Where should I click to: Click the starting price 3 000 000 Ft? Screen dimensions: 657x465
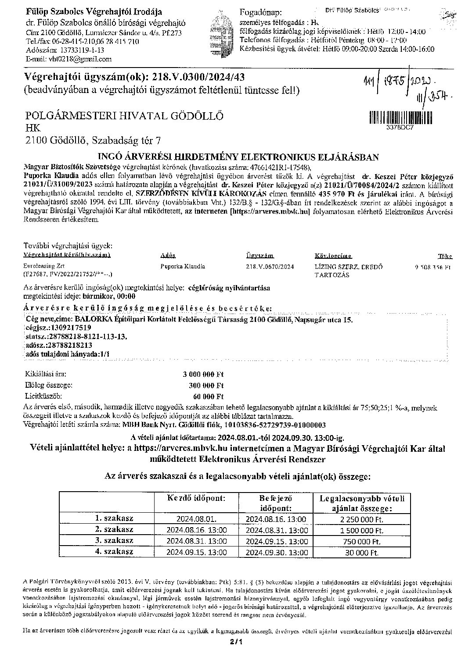(x=203, y=375)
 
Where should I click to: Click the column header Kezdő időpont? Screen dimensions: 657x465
(x=197, y=498)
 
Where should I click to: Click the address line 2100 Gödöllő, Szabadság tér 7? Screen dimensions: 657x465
(x=94, y=140)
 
